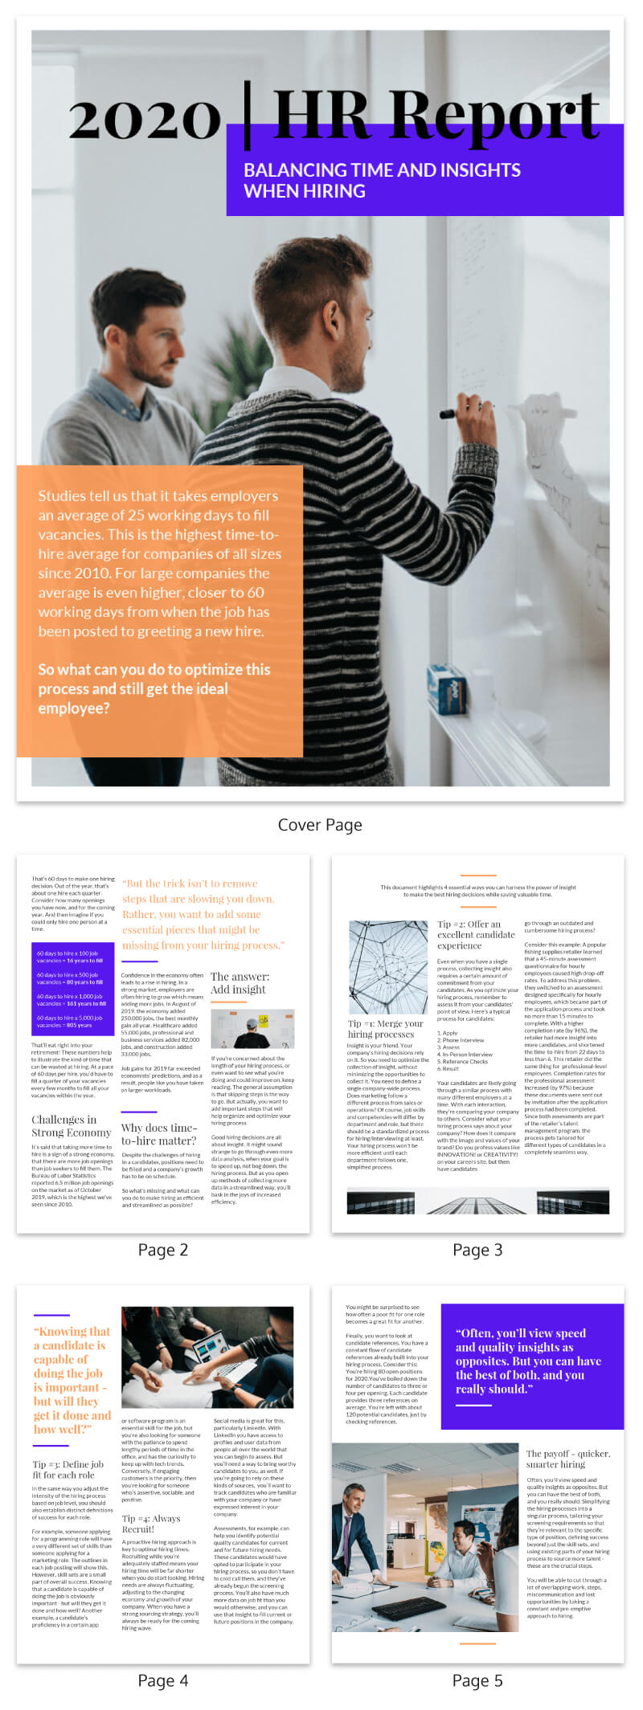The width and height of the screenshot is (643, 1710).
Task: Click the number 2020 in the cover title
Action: (x=145, y=118)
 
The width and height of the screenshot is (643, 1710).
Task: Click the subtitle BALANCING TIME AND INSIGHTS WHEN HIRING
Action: (x=382, y=180)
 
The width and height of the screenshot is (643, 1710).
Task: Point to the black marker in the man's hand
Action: (x=455, y=413)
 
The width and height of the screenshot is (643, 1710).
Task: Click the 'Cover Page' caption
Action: (x=320, y=825)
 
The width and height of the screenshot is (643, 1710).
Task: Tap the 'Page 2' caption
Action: (x=163, y=1249)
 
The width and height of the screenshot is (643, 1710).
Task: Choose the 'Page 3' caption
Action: (x=477, y=1249)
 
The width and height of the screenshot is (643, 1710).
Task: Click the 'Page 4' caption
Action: (x=163, y=1680)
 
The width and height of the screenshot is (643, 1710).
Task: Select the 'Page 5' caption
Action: (x=477, y=1680)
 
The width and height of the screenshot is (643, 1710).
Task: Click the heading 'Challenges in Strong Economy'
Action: (x=71, y=1125)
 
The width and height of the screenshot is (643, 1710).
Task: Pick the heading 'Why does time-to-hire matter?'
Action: (x=158, y=1133)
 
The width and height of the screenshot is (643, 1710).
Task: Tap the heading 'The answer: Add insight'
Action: (x=240, y=983)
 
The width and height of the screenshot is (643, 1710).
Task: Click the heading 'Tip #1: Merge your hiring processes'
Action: (x=385, y=1028)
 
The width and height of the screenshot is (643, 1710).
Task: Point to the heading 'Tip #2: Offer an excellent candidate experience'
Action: (x=476, y=934)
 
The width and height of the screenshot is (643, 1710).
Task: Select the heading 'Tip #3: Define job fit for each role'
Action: (x=68, y=1469)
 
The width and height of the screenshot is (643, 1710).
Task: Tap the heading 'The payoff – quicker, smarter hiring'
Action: (x=567, y=1459)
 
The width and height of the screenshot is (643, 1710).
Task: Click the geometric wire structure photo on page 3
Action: (x=388, y=967)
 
